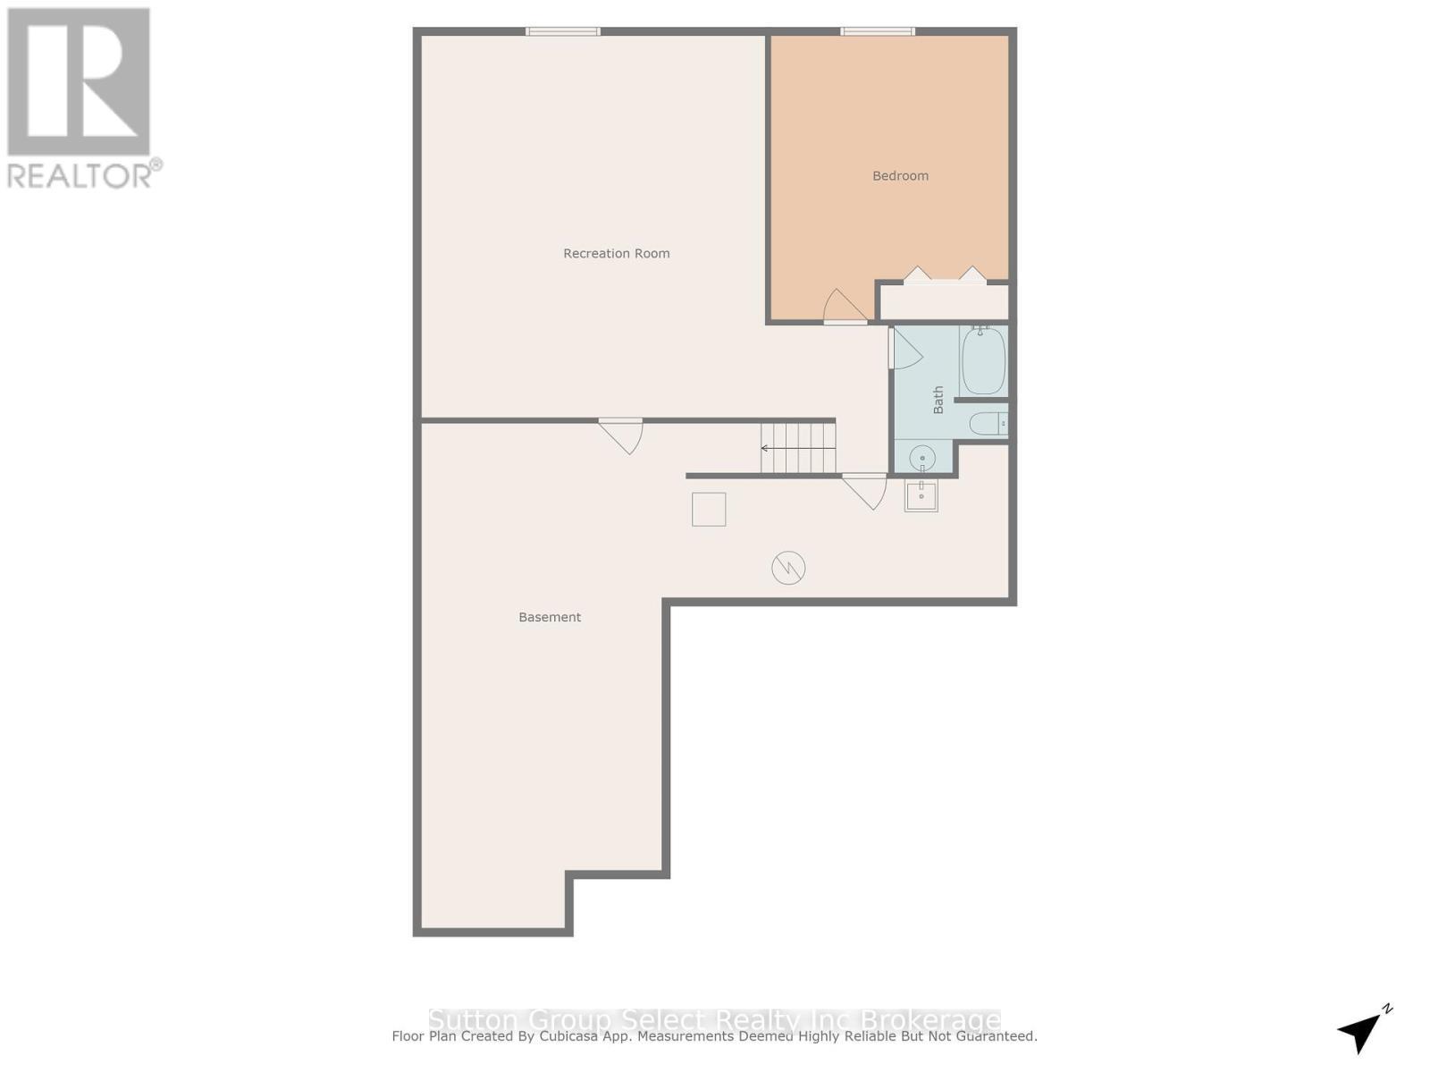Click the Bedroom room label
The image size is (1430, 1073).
coord(900,176)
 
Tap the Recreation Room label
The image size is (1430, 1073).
coord(617,254)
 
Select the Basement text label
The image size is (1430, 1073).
coord(550,617)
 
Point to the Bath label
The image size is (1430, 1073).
coord(938,400)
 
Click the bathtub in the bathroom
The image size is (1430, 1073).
coord(983,361)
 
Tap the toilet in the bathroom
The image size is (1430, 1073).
coord(988,424)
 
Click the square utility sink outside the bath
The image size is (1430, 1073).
coord(921,495)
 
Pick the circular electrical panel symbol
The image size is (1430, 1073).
coord(788,567)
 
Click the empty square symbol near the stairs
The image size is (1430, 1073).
coord(709,510)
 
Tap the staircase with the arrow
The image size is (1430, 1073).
coord(798,448)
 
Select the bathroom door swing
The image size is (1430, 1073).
coord(905,349)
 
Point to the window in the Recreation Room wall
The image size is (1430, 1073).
coord(563,31)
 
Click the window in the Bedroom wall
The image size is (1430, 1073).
coord(878,31)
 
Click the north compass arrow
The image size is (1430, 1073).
coord(1361,1030)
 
